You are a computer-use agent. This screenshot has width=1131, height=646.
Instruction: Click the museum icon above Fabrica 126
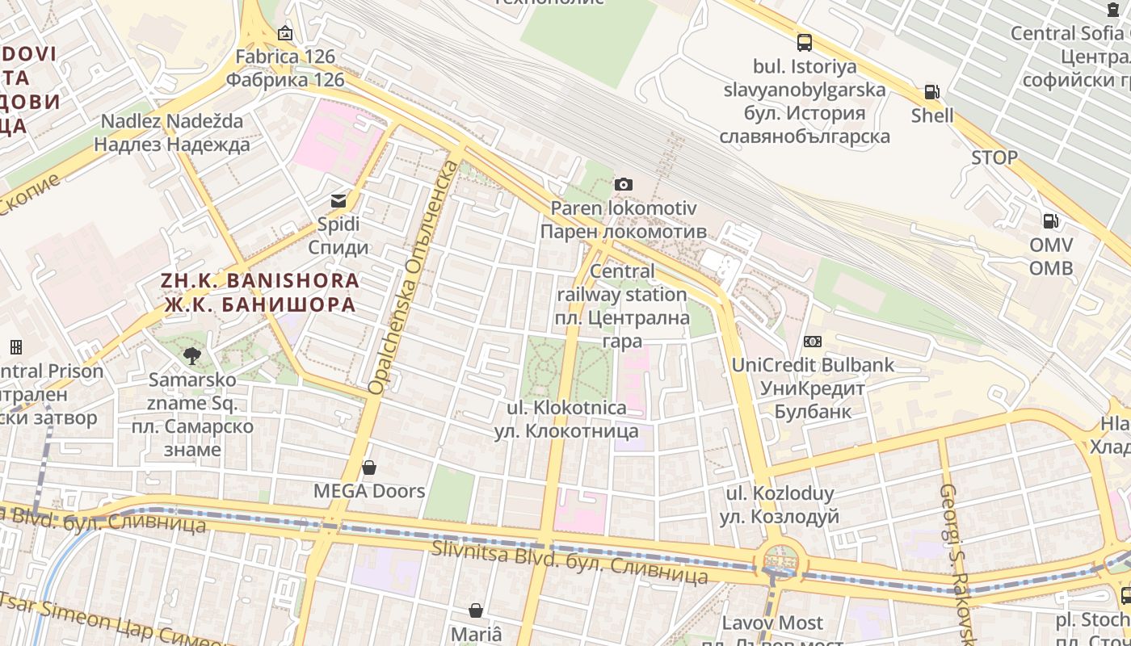coord(284,34)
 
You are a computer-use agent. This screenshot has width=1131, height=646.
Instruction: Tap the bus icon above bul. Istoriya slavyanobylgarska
coord(805,43)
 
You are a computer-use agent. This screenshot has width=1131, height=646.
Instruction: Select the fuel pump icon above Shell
coord(931,92)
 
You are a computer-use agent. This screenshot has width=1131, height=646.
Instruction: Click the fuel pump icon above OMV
coord(1051,221)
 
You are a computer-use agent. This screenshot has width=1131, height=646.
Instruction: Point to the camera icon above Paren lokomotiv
coord(623,185)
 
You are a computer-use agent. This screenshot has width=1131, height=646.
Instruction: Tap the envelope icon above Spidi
coord(338,201)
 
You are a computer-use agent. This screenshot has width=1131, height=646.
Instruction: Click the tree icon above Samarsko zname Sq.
coord(192,355)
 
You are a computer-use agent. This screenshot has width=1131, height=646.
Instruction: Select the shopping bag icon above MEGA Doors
coord(369,468)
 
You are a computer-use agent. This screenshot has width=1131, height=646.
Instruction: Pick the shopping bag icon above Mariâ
coord(477,610)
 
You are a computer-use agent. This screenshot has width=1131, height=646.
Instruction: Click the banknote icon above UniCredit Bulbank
coord(813,342)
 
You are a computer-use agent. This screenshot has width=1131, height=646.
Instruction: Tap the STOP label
coord(994,157)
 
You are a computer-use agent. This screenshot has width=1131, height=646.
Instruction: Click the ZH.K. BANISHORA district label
coord(259,292)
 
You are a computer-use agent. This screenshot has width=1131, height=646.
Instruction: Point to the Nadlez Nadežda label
coord(171,132)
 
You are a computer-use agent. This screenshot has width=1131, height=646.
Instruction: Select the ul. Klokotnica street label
coord(567,420)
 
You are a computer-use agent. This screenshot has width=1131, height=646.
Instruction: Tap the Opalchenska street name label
coord(412,279)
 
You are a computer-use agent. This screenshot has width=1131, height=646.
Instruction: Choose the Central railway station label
coord(622,305)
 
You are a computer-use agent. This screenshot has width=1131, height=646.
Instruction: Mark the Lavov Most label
coord(772,623)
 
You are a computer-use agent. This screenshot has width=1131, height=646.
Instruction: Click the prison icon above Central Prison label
coord(15,347)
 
